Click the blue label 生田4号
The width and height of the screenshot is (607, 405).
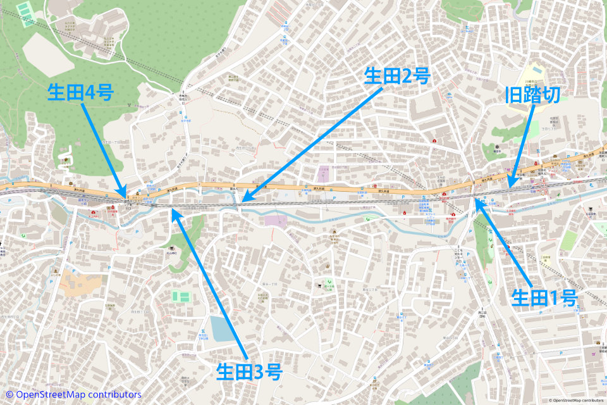point(80,94)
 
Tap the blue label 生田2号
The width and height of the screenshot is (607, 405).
point(397,77)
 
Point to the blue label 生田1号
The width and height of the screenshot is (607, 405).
point(544,298)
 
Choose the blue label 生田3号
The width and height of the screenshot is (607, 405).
point(248,371)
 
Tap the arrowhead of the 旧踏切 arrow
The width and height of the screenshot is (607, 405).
point(509,187)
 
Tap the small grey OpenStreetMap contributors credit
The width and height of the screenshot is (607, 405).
point(577,401)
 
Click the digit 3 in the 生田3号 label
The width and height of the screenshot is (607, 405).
point(259,371)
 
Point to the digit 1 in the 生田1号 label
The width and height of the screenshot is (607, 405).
point(555,298)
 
